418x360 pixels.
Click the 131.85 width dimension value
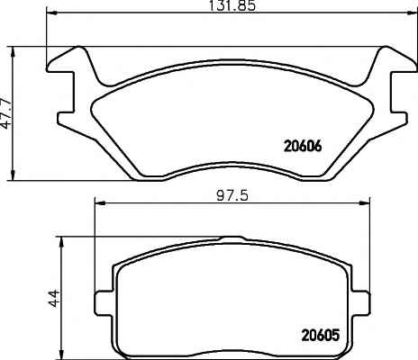point(232,5)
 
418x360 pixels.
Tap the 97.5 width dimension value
point(232,196)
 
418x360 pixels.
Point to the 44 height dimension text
point(54,299)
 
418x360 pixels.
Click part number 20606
point(303,147)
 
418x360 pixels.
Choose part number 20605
point(321,335)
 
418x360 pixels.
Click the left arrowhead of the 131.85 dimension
point(50,13)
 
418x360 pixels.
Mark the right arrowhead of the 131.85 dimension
point(412,13)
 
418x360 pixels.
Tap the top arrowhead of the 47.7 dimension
point(13,52)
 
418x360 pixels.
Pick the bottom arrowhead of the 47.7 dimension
point(13,175)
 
